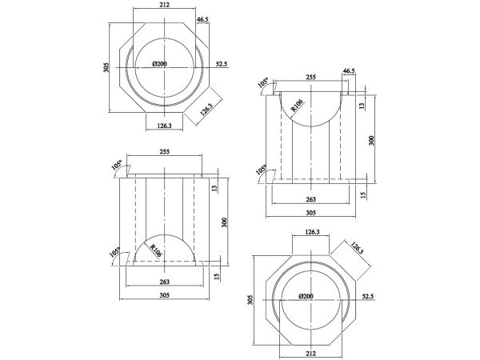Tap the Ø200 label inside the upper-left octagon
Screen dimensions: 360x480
pyautogui.click(x=160, y=64)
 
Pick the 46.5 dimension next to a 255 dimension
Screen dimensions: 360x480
pyautogui.click(x=349, y=71)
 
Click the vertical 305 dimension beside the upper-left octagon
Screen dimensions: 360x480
pyautogui.click(x=106, y=67)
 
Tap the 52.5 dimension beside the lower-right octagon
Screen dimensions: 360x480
pyautogui.click(x=368, y=297)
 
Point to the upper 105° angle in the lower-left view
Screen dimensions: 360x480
pyautogui.click(x=118, y=166)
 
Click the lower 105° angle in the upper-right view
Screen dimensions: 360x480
pyautogui.click(x=262, y=170)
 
